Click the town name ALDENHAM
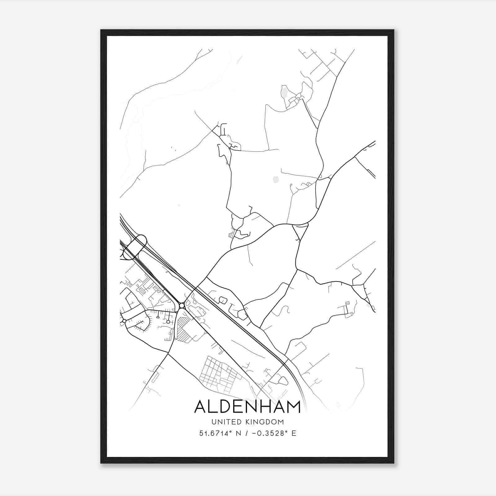[x=247, y=407]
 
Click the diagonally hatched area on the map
[x=184, y=330]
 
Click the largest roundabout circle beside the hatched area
[x=182, y=306]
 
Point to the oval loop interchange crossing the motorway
[x=135, y=247]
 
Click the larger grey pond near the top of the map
[x=284, y=92]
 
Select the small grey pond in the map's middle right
[x=275, y=179]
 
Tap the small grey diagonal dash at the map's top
[x=239, y=60]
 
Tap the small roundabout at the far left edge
[x=124, y=321]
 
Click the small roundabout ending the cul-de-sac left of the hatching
[x=168, y=322]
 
